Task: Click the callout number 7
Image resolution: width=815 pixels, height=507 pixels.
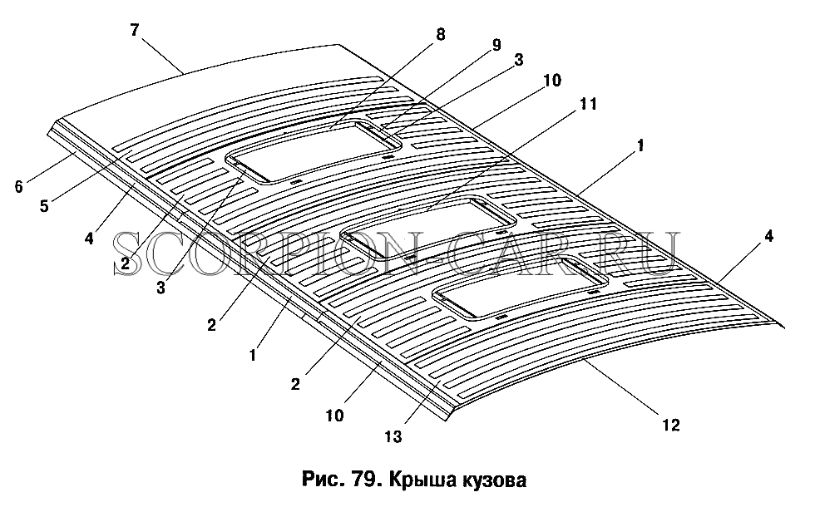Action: point(135,30)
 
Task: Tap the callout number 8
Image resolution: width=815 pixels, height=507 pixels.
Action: point(440,35)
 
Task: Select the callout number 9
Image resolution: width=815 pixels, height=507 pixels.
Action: point(496,45)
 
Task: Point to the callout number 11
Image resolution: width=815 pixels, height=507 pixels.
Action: point(588,104)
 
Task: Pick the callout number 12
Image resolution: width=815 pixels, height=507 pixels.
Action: point(671,425)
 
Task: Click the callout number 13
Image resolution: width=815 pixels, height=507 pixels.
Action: point(393,437)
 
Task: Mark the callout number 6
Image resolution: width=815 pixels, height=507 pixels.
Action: point(18,186)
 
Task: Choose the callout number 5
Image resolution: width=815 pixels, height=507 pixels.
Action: point(44,206)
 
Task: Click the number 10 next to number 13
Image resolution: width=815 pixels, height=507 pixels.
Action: point(335,416)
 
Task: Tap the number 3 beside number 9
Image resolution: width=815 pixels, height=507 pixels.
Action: point(518,60)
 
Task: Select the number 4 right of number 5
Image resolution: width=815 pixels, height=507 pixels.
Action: point(90,239)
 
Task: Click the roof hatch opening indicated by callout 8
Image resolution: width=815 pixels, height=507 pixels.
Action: point(313,151)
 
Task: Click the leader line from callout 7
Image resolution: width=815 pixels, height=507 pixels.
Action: point(162,56)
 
